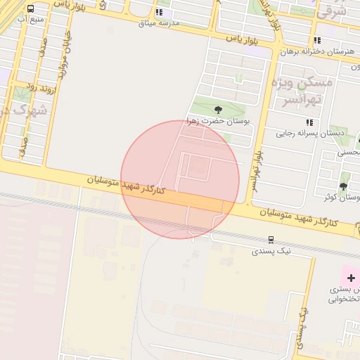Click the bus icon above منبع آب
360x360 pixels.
pos(30,9)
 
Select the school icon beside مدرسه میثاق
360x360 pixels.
pos(160,12)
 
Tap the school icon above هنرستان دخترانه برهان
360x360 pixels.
pos(318,41)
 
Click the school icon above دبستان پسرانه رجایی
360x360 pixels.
pos(311,122)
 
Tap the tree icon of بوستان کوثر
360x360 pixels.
pos(343,186)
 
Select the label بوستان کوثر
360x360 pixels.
pos(345,198)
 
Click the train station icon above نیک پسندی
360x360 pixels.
pos(271,240)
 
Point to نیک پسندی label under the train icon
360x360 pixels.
pos(270,250)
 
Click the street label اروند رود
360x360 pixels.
pos(40,86)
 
